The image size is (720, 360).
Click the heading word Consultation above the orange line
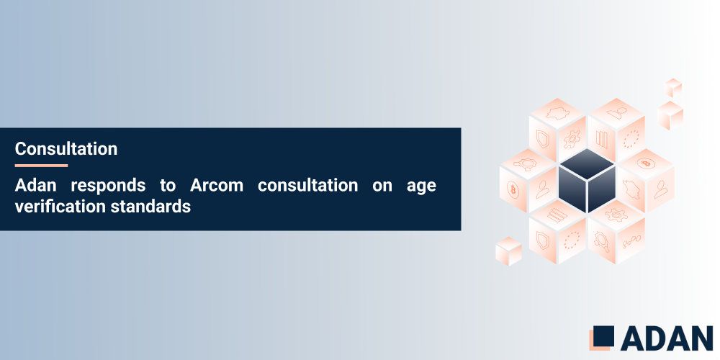[66, 149]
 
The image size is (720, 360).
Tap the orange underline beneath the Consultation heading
[41, 166]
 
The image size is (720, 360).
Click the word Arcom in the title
[217, 185]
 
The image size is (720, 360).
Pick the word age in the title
[421, 185]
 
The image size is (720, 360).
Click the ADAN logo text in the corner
[665, 338]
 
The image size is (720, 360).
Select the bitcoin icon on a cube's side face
[514, 190]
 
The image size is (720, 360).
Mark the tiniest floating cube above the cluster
[673, 87]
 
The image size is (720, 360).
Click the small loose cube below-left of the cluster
[508, 250]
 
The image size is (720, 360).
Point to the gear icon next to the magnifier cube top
[616, 214]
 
